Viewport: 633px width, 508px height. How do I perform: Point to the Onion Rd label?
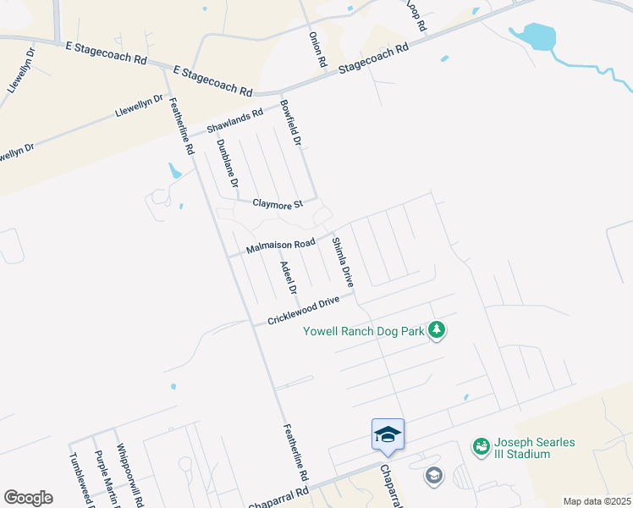pos(316,50)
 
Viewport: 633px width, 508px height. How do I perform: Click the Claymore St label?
pos(278,204)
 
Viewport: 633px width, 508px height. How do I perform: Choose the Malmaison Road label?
pos(280,246)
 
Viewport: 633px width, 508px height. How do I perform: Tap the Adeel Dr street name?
pos(288,278)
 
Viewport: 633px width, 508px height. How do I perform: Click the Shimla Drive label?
pos(342,262)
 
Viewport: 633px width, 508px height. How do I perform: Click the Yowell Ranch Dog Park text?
pos(364,331)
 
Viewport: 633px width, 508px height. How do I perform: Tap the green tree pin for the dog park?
pos(436,329)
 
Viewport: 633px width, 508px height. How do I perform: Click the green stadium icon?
pos(481,445)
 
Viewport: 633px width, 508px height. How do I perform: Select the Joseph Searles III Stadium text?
pos(534,449)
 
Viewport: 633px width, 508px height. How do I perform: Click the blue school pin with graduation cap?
pos(388,434)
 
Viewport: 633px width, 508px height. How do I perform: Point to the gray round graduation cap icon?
pos(434,474)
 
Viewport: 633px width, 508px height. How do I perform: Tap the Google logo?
pos(28,498)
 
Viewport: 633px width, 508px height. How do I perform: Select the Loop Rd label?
pos(415,14)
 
